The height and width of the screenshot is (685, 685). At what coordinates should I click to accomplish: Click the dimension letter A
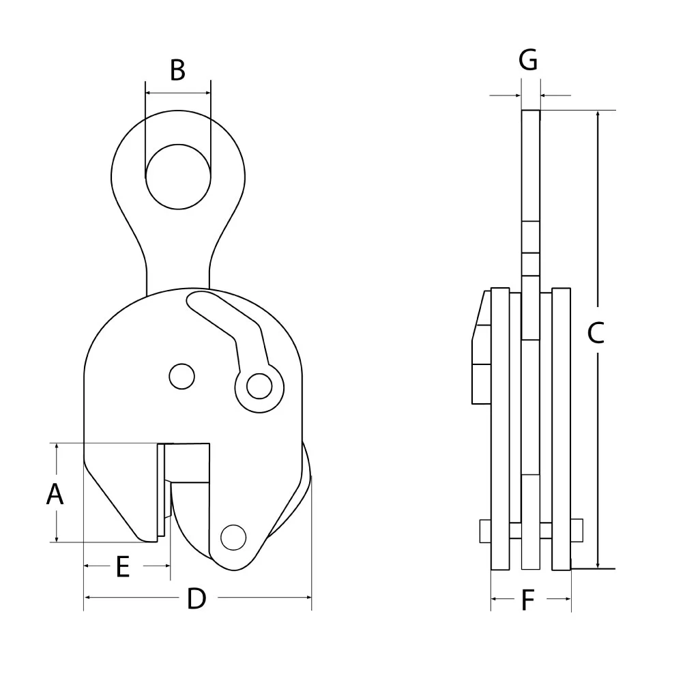click(x=55, y=494)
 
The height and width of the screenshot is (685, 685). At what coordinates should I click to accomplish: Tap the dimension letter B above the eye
click(x=177, y=70)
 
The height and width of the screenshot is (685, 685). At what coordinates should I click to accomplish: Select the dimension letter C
click(x=596, y=333)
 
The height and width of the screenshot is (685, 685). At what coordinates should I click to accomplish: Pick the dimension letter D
click(x=196, y=598)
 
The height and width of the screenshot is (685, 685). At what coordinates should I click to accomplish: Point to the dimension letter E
click(x=123, y=567)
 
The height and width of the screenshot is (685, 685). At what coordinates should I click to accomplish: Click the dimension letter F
click(x=527, y=600)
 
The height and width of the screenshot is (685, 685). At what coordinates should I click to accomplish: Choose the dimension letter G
click(x=528, y=61)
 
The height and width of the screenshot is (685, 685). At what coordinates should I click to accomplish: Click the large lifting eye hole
click(x=177, y=177)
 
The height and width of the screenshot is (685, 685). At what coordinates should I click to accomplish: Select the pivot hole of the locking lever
click(x=258, y=386)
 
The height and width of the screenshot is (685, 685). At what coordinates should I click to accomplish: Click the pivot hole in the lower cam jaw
click(x=233, y=537)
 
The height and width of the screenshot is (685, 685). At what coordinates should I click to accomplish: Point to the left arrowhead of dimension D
click(x=87, y=598)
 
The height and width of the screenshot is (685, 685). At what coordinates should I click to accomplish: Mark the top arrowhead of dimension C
click(x=598, y=114)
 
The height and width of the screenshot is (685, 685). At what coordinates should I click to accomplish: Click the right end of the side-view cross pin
click(x=577, y=531)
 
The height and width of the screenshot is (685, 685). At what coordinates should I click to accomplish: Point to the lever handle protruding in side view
click(x=480, y=348)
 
